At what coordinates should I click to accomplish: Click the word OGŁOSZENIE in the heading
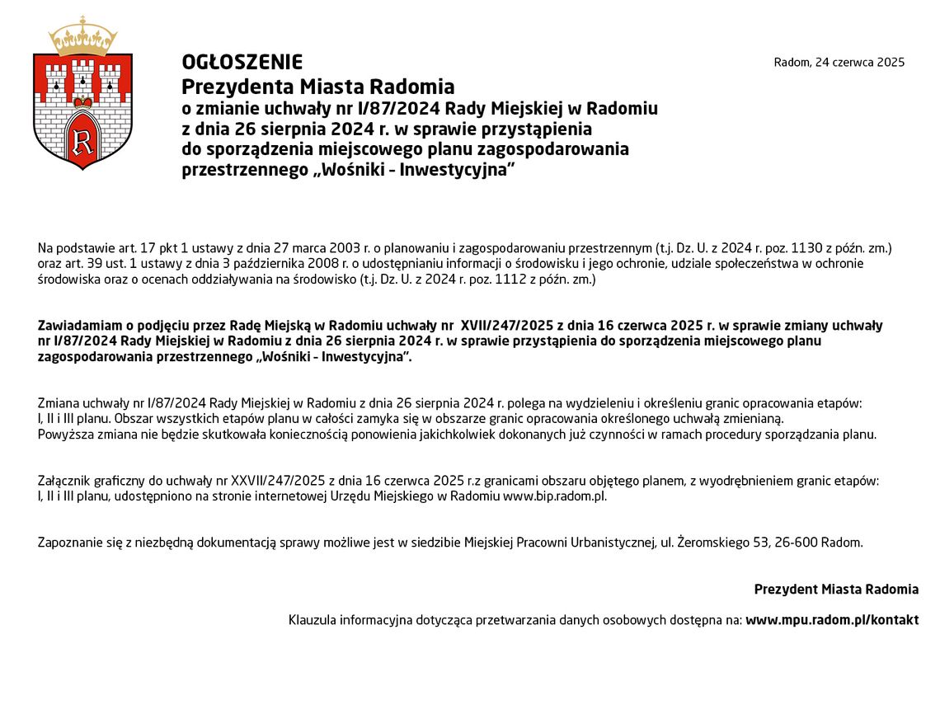click(242, 63)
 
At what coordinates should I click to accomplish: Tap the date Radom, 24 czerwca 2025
click(839, 63)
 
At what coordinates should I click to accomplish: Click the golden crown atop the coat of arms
click(82, 37)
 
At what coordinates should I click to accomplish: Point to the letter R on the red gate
click(82, 141)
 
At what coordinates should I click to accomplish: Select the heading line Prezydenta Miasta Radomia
click(317, 87)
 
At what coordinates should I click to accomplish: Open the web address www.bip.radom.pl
click(554, 496)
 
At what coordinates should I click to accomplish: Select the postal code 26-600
click(800, 543)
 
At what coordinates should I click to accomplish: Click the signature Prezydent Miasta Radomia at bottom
click(835, 590)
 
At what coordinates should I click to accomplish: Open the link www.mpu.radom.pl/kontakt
click(831, 620)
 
